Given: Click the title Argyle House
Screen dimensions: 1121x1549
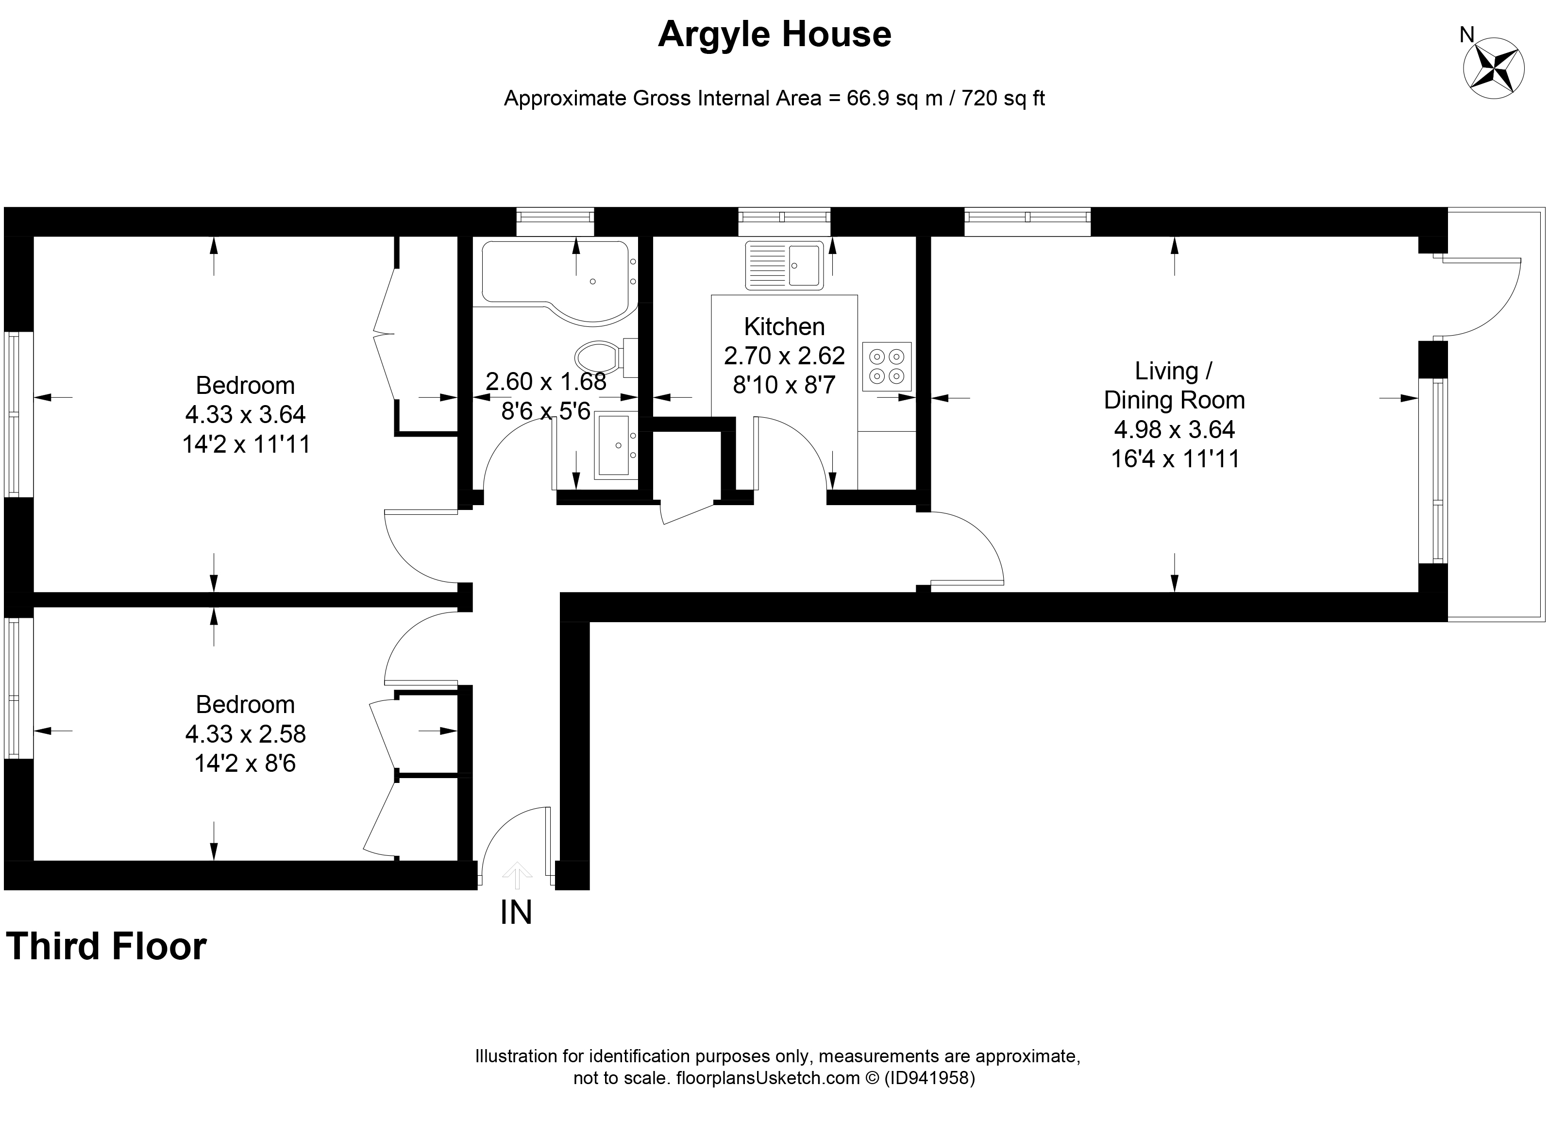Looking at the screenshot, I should click(774, 35).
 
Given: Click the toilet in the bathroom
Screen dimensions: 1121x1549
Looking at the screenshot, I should click(599, 357).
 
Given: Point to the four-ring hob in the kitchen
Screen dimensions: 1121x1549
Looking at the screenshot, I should click(887, 366).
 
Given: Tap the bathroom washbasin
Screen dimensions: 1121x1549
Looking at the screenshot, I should click(615, 443).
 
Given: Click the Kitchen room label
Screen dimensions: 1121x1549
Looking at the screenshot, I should click(784, 326).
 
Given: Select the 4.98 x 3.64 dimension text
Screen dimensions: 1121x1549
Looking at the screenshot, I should click(1174, 429).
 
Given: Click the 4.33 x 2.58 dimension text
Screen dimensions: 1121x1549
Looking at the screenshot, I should click(245, 734).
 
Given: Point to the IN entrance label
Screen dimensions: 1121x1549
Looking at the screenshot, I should click(516, 912).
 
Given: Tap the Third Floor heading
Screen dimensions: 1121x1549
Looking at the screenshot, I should click(106, 947).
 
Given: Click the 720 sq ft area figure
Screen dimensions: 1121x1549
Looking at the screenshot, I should click(1003, 99).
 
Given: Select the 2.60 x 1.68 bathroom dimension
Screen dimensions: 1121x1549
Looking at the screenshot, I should click(546, 381).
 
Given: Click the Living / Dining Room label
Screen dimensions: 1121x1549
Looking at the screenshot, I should click(1174, 385).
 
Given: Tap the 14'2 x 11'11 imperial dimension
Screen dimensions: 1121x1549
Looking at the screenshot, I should click(246, 445).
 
